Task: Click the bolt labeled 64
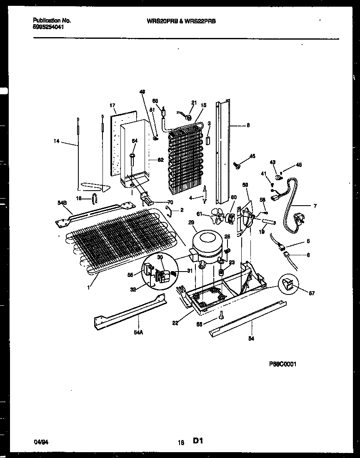(132, 160)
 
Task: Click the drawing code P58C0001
(282, 364)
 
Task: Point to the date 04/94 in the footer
(39, 440)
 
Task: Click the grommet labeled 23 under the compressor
(221, 273)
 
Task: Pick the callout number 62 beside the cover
(160, 160)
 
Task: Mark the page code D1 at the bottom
(198, 440)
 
